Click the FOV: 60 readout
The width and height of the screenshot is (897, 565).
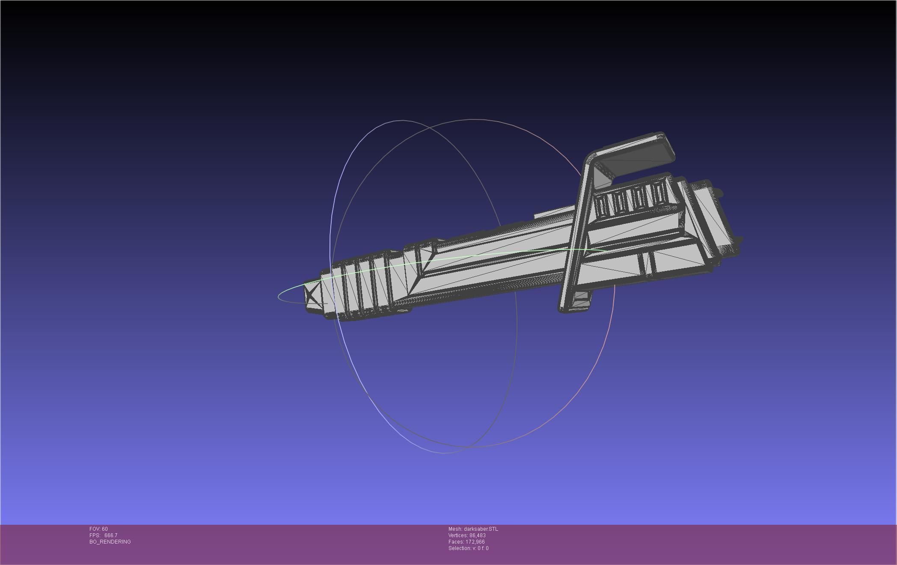point(98,529)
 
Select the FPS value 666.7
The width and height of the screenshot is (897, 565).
point(110,535)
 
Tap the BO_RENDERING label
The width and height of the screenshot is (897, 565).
point(110,542)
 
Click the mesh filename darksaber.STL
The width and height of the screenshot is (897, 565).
point(481,529)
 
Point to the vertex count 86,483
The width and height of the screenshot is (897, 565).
point(477,535)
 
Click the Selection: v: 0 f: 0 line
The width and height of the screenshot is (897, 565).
point(468,548)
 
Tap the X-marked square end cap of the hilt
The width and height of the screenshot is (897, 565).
point(312,295)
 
